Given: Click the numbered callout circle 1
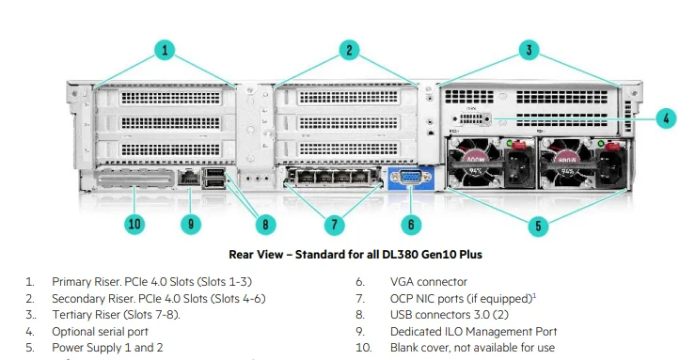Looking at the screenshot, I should pos(165,51).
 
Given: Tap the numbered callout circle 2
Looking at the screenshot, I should pos(349,51).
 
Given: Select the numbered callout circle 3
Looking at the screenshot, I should pos(529,51).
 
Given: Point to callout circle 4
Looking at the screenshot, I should pos(664,118).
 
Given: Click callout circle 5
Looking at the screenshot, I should pos(537,226).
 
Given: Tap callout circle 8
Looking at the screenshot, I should pos(266,225).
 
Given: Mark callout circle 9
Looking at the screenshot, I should pos(191,225).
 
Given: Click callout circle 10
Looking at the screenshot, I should pos(134,225).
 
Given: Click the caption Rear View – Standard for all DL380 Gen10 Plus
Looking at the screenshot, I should pos(355,254).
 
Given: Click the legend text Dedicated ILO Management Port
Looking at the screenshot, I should pos(473,331).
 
